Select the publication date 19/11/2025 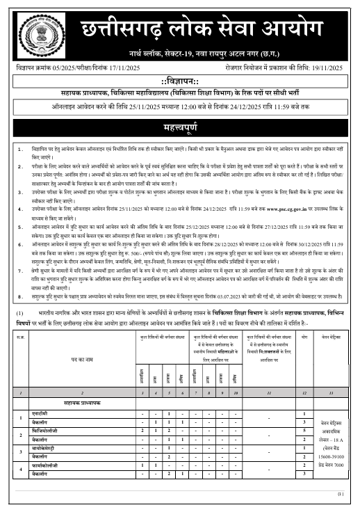click(x=332, y=68)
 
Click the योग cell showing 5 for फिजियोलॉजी click(x=304, y=430)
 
